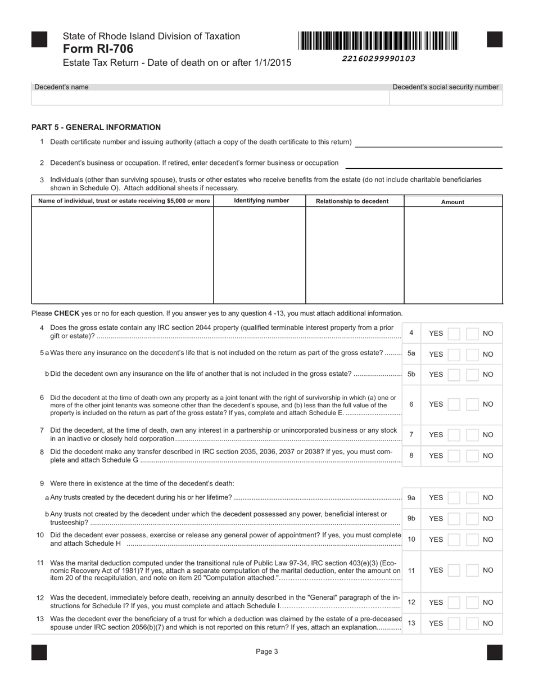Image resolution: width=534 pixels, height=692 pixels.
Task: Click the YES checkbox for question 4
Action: pos(454,334)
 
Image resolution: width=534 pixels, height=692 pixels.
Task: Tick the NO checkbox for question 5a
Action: pos(473,354)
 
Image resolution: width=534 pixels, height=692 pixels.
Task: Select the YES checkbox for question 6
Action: pos(454,405)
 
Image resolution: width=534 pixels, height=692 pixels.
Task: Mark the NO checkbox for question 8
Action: pos(473,456)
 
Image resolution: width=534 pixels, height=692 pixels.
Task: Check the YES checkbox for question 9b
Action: pos(454,519)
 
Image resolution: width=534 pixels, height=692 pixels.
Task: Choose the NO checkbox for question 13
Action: pos(473,623)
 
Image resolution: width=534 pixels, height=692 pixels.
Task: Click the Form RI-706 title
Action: pos(98,49)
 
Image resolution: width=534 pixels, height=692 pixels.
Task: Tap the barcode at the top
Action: pos(378,41)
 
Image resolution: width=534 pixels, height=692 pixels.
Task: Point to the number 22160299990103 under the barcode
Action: pos(378,59)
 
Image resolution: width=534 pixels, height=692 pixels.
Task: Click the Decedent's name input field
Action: pos(210,98)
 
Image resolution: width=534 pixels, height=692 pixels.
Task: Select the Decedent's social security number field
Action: pos(446,98)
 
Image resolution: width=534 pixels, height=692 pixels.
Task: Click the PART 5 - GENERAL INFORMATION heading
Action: pos(96,127)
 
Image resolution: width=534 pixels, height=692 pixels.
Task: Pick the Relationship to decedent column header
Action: pos(352,201)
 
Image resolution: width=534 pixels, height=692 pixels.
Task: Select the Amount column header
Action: pos(452,202)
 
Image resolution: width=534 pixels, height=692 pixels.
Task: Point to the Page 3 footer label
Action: pos(267,651)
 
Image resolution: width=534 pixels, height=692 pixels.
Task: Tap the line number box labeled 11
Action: pos(411,570)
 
